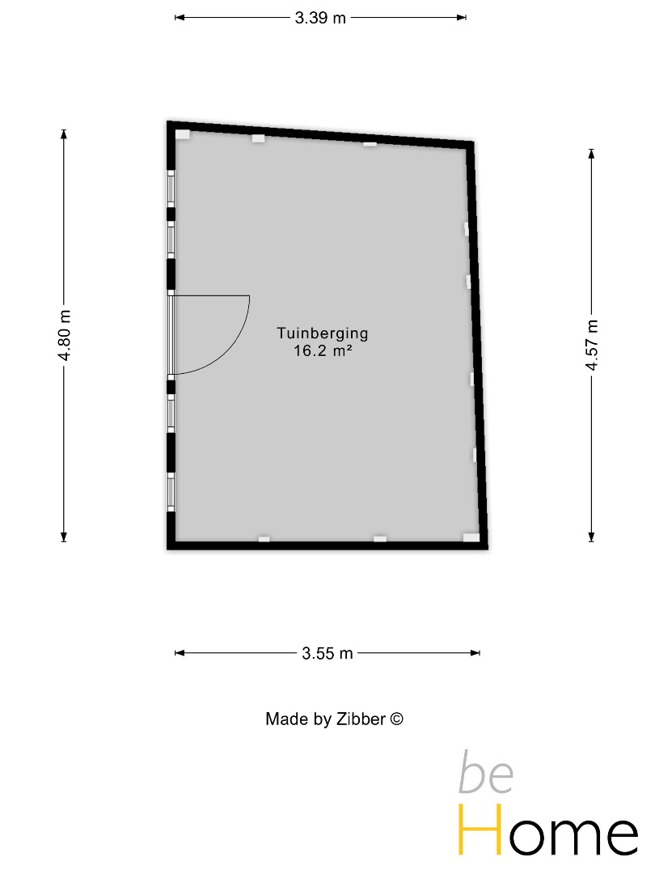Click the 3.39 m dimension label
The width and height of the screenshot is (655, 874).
coord(320,18)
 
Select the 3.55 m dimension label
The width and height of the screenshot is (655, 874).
coord(327,653)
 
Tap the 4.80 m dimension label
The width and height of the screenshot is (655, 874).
coord(64,335)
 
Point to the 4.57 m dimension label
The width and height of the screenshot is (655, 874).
coord(591,345)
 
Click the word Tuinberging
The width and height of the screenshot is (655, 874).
coord(323,333)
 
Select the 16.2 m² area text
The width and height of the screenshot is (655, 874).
coord(323,350)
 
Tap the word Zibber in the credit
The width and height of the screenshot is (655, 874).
coord(361,719)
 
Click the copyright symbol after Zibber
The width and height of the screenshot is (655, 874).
coord(396,719)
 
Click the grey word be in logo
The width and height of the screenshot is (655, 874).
coord(486,773)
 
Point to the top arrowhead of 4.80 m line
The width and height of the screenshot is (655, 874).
coord(64,134)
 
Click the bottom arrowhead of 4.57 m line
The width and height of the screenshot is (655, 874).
coord(591,537)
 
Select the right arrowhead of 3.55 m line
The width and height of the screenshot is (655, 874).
coord(475,653)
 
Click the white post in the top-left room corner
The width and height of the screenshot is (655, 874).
coord(183,134)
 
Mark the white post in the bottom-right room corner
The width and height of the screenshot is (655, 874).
coord(471,537)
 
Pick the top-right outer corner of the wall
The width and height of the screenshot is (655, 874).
coord(473,142)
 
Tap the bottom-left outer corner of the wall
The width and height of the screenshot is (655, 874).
coord(167,549)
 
